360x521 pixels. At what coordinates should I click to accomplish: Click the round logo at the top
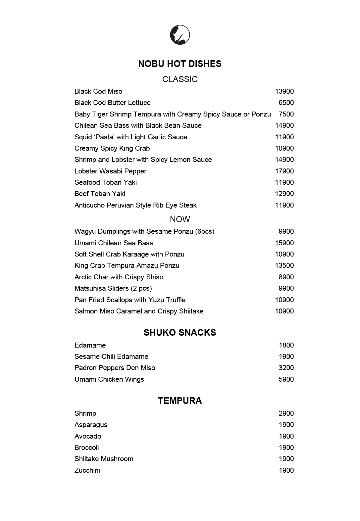180,34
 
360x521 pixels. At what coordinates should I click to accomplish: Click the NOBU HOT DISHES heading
180,64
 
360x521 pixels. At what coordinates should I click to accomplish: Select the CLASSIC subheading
180,79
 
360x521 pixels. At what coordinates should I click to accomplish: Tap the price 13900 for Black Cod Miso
284,91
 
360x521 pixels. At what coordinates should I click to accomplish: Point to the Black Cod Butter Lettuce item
112,103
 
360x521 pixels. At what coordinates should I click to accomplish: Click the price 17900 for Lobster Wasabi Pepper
284,171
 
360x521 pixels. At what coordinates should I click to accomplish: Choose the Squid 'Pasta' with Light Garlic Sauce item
130,137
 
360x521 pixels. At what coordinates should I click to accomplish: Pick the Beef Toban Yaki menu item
100,194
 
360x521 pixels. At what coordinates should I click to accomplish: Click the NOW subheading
180,219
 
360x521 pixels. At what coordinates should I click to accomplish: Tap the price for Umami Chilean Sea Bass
284,243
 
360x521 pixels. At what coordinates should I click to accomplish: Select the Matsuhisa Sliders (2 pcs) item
113,288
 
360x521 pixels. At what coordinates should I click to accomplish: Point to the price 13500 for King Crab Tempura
284,265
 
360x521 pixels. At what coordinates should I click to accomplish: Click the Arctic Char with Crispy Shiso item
119,277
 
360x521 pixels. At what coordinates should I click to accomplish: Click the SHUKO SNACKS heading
180,333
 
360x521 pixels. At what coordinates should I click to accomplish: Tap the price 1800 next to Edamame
286,345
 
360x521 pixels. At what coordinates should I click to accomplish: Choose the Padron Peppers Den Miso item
115,368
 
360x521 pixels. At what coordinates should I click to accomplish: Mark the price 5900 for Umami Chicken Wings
286,379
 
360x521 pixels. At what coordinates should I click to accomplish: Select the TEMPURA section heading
180,401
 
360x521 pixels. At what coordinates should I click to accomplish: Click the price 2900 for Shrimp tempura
286,413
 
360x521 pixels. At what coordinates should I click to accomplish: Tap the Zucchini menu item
87,470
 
